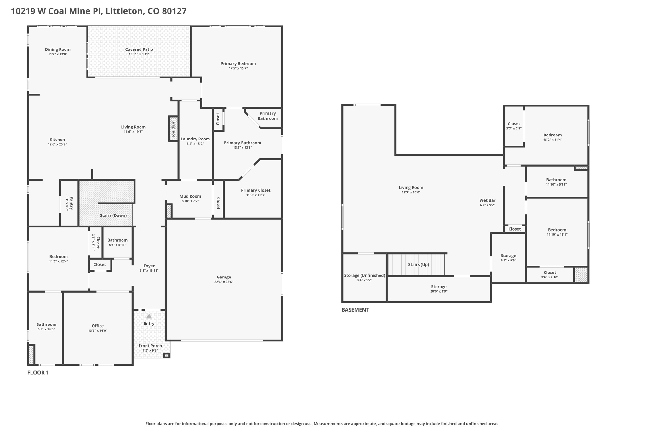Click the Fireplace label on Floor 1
point(174,128)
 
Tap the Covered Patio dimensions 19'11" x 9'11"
point(139,54)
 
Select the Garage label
point(224,277)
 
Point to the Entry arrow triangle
point(149,316)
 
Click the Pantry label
point(72,203)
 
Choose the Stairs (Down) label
point(113,215)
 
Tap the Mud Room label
point(190,196)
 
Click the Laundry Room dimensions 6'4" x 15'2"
point(195,144)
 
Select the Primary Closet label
point(255,190)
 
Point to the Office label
point(98,326)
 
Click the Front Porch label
point(150,346)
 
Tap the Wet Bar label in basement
point(488,200)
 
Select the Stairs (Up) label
point(419,265)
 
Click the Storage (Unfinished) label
point(364,275)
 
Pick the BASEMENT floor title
point(355,310)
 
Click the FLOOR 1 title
point(38,373)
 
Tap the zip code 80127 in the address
point(174,11)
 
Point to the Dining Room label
point(58,49)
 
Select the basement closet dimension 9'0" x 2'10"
point(550,278)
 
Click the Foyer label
point(149,266)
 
